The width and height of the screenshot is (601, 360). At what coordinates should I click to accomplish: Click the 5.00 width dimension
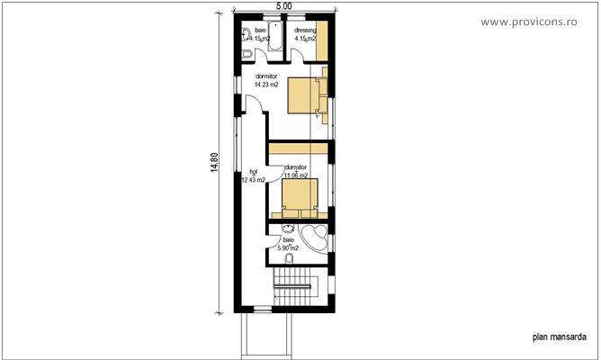pos(283,6)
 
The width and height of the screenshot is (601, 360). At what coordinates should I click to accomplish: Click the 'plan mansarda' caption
pos(560,338)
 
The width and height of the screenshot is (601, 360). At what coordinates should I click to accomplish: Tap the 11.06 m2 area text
pos(296,176)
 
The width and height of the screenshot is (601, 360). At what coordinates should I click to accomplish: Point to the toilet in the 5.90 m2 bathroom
pos(289,260)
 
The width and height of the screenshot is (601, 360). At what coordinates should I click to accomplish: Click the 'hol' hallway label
pos(253,170)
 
